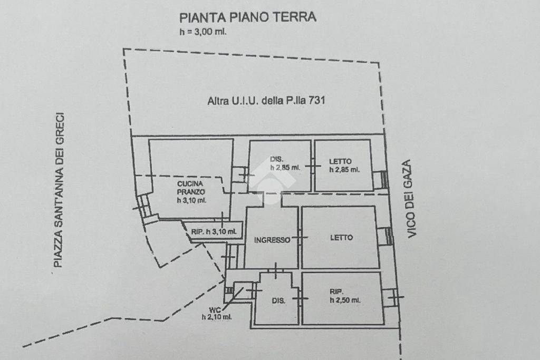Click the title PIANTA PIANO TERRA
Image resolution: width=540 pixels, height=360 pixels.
point(248,17)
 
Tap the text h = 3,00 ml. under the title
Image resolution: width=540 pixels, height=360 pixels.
point(203,32)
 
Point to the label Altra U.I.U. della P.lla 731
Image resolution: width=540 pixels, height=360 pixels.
point(266,101)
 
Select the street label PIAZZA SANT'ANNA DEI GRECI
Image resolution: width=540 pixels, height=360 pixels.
point(59,190)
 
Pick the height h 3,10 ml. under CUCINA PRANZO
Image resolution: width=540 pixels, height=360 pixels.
point(192,200)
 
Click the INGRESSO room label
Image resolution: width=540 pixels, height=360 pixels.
point(272,240)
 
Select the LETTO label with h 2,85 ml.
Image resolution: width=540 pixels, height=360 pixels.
point(340,161)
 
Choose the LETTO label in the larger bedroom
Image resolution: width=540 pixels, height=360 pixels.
point(342,238)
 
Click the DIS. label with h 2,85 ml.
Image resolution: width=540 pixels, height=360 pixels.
point(276,159)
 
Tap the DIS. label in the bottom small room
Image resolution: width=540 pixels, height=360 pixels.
point(278,301)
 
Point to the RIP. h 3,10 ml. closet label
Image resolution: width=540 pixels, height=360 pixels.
point(214,231)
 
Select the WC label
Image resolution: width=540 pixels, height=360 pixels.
point(215,310)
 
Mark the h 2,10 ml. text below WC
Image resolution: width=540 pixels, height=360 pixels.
point(217,317)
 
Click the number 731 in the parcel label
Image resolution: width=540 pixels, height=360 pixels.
point(317,100)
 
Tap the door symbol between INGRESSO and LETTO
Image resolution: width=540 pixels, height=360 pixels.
point(300,238)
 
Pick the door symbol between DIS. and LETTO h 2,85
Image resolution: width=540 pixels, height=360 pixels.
point(313,166)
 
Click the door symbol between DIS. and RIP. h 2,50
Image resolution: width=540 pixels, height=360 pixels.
point(300,298)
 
